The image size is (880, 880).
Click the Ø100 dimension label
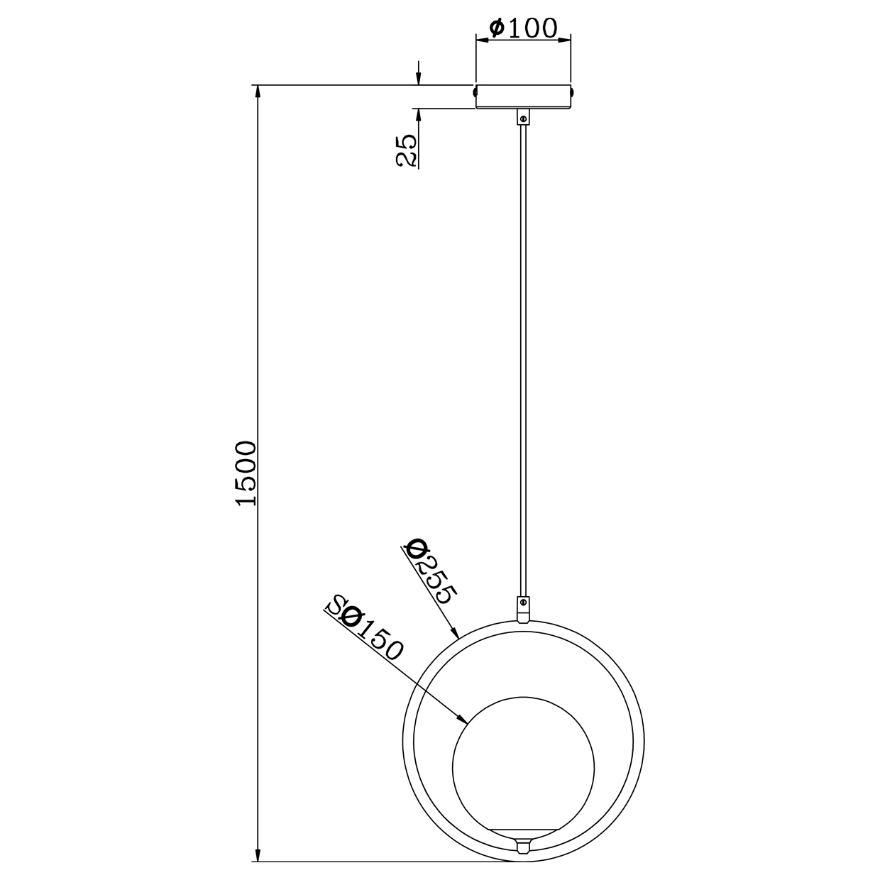click(523, 28)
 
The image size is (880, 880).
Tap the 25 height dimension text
click(405, 150)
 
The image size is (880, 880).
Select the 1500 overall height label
click(246, 473)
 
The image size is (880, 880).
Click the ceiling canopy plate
click(523, 97)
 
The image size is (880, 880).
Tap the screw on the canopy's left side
click(475, 92)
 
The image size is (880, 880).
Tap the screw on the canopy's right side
click(571, 92)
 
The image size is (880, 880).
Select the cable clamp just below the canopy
click(523, 117)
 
